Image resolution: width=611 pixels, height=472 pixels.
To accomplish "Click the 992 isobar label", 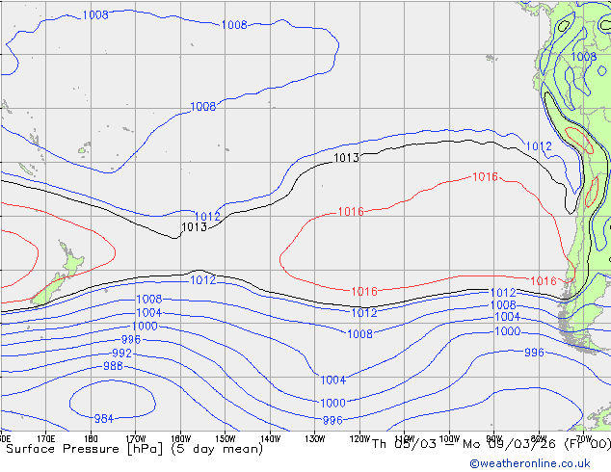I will pyautogui.click(x=121, y=354).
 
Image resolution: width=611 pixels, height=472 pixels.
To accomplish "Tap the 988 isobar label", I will pyautogui.click(x=113, y=366).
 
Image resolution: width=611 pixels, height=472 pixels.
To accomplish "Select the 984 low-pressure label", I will pyautogui.click(x=103, y=418).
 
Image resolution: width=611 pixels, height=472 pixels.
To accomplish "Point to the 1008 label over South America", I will pyautogui.click(x=584, y=57).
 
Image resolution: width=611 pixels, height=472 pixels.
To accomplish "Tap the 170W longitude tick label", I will pyautogui.click(x=136, y=439).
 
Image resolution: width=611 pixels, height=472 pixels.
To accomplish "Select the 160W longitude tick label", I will pyautogui.click(x=180, y=439).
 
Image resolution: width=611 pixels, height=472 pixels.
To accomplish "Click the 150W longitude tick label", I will pyautogui.click(x=225, y=439).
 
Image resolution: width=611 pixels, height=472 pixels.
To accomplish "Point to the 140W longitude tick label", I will pyautogui.click(x=270, y=439).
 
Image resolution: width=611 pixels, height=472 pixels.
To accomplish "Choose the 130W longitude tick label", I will pyautogui.click(x=314, y=439).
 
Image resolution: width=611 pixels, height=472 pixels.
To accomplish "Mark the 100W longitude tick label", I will pyautogui.click(x=448, y=439).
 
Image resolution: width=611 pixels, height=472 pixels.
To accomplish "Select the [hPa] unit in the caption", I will pyautogui.click(x=153, y=448).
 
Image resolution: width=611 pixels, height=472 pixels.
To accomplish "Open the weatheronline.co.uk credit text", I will pyautogui.click(x=538, y=463).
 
